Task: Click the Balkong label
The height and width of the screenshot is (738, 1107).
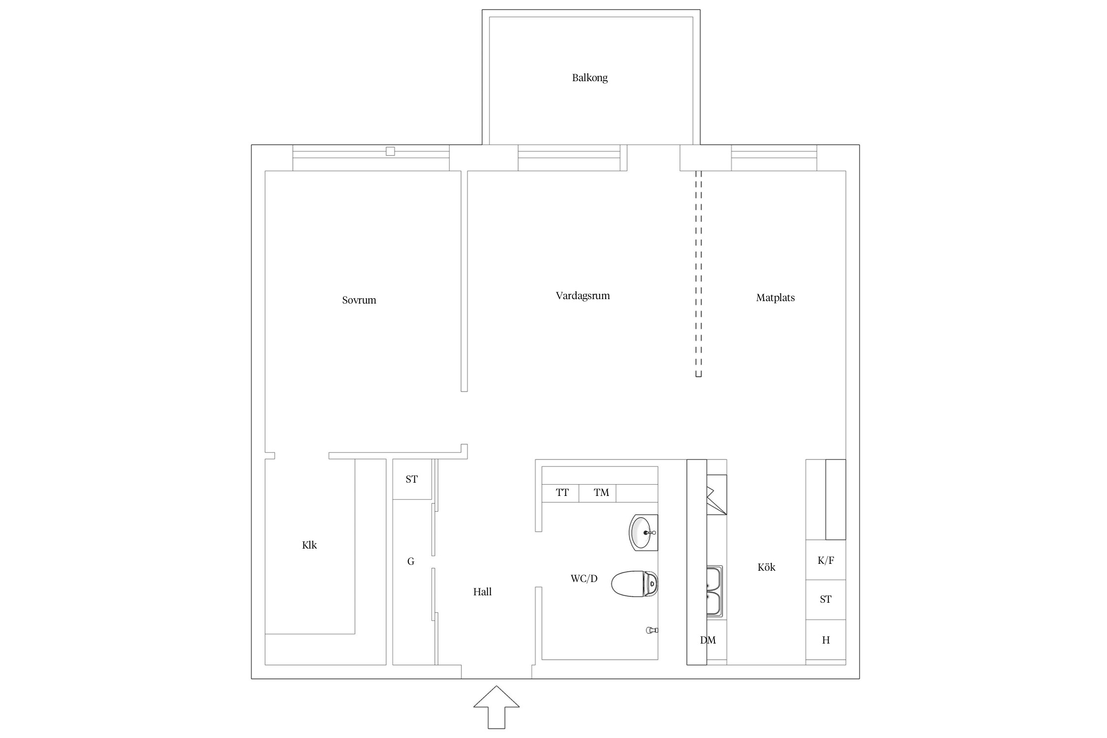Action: pos(589,78)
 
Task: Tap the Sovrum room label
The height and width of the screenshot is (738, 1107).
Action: pos(359,300)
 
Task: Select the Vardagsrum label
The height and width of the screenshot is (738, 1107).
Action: pos(583,296)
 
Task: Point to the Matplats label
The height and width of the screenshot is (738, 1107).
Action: pos(775,298)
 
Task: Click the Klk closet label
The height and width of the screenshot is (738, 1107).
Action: pos(309,545)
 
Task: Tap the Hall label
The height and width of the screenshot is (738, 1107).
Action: pos(482,592)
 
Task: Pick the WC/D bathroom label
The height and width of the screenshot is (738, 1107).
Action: pos(584,579)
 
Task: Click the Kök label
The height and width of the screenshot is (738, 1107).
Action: pos(767,567)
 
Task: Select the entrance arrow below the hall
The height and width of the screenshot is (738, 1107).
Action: pos(496,707)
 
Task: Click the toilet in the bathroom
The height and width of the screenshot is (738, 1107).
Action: pos(634,584)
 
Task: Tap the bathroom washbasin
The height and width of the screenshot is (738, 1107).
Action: pos(643,533)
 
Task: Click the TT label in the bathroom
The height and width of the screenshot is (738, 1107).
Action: pos(562,492)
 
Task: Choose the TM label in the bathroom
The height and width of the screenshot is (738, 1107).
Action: pos(601,492)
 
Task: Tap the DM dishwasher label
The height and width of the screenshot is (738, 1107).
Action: pos(708,640)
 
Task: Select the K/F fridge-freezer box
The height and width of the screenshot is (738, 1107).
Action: pos(826,560)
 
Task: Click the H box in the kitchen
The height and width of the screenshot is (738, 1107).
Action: pos(826,640)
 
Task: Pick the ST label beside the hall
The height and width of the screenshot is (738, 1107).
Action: pos(411,479)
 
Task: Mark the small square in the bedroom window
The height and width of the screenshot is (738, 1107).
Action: pos(390,152)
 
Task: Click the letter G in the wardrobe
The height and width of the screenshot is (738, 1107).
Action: pos(411,561)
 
